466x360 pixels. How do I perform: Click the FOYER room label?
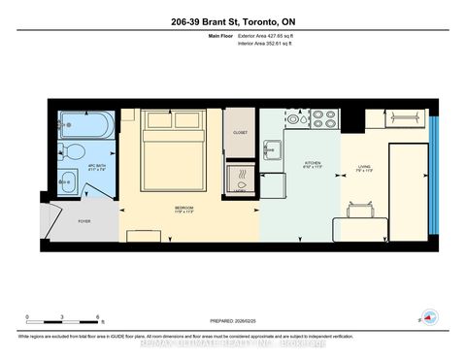tap(84, 221)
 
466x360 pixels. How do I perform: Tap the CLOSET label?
tap(241, 132)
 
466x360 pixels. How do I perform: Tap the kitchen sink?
tap(273, 149)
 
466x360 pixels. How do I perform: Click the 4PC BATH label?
tap(97, 165)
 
